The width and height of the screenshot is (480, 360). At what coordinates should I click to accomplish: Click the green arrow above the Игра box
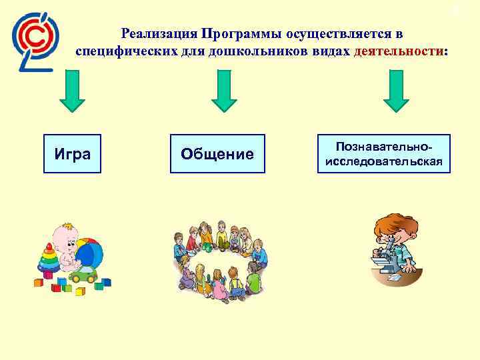coord(72,92)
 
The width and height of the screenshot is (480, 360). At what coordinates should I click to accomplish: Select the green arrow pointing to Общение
coord(224,92)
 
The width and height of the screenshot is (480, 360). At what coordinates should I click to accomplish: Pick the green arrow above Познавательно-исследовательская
coord(396,92)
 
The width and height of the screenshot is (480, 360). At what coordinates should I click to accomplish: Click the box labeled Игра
coord(72,154)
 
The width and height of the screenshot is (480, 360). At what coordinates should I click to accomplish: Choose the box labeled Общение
coord(217,154)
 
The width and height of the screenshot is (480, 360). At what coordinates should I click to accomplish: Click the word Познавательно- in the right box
coord(383,146)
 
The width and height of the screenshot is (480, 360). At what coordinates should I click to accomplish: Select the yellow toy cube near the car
coord(80,291)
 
